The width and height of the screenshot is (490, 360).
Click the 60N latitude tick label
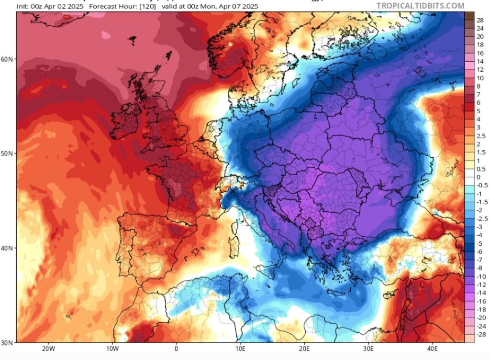coord(9,59)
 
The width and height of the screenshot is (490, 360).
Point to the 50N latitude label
coord(9,153)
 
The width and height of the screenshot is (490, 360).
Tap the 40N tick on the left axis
coord(9,248)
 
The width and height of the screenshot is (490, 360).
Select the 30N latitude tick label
coord(9,342)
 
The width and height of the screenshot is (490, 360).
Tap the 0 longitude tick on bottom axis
coord(176,349)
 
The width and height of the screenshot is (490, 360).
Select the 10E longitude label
coord(241,349)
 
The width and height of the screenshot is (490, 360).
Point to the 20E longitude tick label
coord(305,349)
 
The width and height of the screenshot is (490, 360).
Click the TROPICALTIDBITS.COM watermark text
coord(420,6)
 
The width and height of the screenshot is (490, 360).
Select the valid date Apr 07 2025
coord(237,6)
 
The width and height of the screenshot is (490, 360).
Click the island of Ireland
coord(125,118)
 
